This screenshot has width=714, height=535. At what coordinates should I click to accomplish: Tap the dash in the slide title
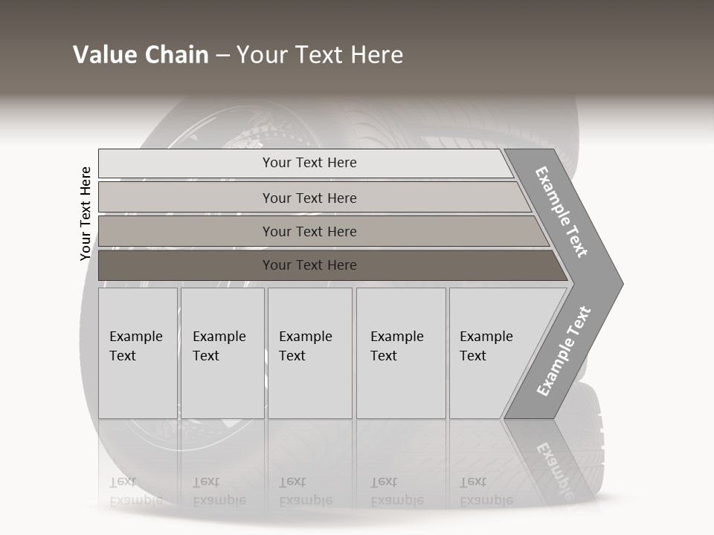pos(222,56)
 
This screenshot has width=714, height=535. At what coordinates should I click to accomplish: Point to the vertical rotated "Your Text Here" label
pos(86,213)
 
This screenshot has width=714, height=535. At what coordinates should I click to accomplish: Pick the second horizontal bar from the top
pos(309,198)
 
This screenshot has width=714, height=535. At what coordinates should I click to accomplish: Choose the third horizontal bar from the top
pos(309,231)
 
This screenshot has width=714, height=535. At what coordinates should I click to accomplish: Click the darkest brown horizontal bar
pos(309,265)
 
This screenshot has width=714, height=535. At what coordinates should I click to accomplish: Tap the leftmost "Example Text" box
pos(138,353)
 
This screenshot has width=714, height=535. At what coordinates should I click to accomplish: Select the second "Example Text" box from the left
pos(222,353)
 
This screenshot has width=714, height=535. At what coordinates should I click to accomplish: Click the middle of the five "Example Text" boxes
pos(309,353)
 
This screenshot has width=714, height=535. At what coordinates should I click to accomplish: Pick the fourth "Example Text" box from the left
pos(401,353)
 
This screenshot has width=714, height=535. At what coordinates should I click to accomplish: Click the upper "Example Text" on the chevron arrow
pos(562,212)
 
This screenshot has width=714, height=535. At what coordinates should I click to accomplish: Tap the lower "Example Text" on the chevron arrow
pos(564,351)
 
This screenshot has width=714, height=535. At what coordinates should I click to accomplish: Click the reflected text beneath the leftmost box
pos(135,492)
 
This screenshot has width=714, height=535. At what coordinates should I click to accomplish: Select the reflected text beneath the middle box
pos(305,492)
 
